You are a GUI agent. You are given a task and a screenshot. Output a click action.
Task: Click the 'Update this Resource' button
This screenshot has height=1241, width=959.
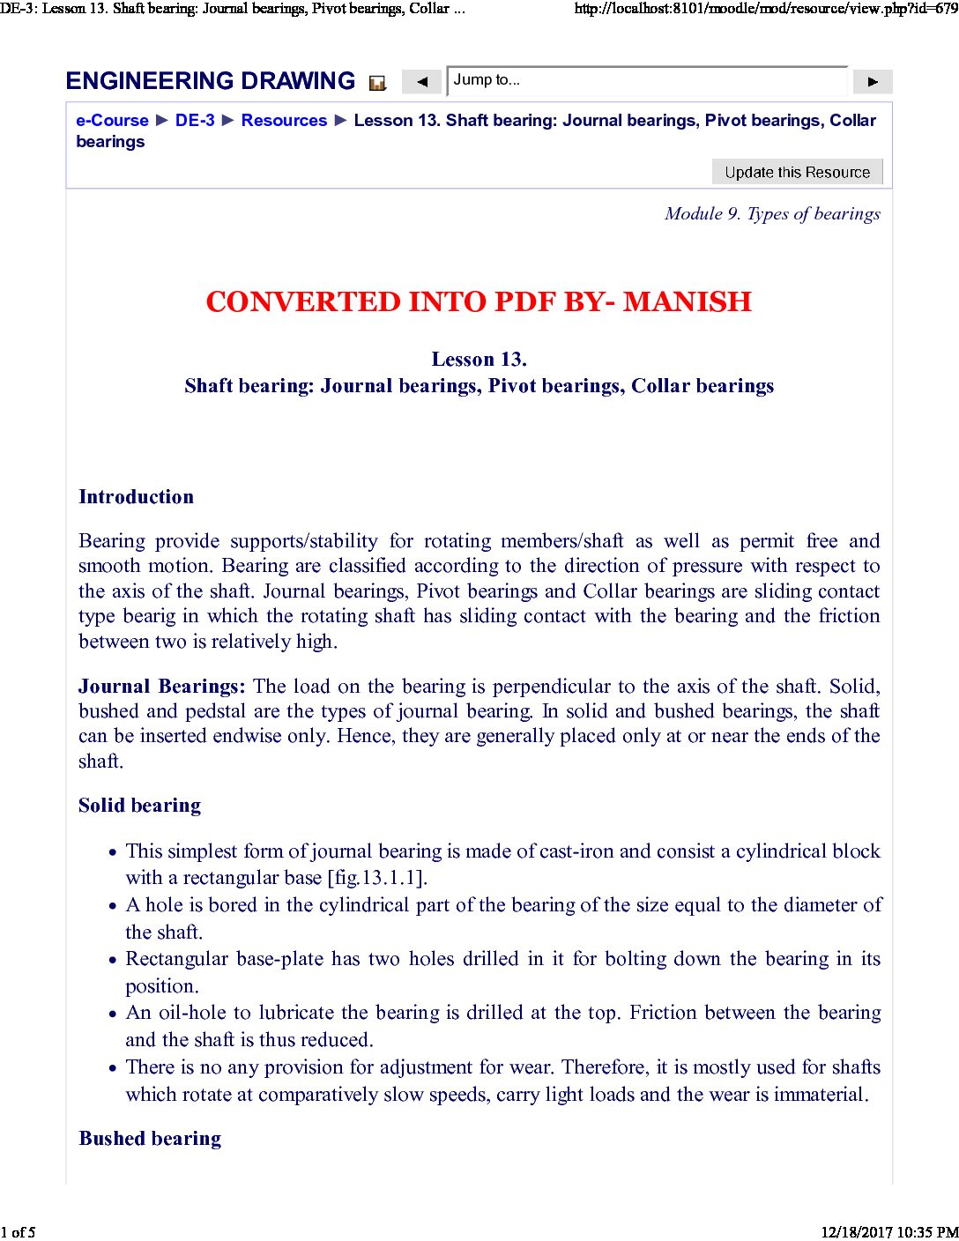pos(797,172)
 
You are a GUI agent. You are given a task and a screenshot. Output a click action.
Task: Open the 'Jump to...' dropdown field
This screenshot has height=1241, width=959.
pos(647,80)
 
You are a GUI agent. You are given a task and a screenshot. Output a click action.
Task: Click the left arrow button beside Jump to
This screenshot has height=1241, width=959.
pos(422,82)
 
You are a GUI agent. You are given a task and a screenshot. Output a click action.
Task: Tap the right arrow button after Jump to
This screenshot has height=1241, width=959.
pos(873,82)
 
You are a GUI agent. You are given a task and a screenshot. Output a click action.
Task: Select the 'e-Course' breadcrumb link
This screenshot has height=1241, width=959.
pos(112,121)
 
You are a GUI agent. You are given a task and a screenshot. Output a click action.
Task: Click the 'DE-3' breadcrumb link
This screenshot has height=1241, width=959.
pos(195,121)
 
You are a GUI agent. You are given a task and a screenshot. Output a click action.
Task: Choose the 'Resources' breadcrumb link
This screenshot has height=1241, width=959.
pos(284,121)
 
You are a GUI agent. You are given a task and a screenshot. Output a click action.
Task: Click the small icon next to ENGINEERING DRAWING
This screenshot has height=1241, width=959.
pos(377,83)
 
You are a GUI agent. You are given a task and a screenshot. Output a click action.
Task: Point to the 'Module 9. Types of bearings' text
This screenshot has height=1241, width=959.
pos(772,214)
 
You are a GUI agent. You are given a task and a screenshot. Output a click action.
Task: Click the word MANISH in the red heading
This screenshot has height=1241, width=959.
pos(687,301)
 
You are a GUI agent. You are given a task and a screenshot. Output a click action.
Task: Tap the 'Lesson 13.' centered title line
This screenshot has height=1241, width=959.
pos(479,359)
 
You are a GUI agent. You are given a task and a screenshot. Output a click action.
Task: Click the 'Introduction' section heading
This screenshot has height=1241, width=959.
pos(136,496)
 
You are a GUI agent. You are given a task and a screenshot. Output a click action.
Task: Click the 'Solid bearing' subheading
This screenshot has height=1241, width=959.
pos(139,805)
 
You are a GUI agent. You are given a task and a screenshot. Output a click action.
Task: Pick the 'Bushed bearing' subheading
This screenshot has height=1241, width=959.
pos(150,1138)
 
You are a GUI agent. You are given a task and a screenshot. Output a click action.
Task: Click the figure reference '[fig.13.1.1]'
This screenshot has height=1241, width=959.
pos(376,878)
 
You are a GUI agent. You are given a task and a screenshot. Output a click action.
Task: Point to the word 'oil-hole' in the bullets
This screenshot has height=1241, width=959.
pos(193,1012)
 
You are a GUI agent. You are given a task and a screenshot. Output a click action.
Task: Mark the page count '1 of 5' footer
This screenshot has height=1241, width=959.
pos(19,1232)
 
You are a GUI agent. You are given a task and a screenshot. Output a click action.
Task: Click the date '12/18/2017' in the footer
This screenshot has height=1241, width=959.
pos(856,1232)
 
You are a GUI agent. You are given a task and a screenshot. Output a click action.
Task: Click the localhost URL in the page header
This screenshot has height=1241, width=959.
pos(765,9)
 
